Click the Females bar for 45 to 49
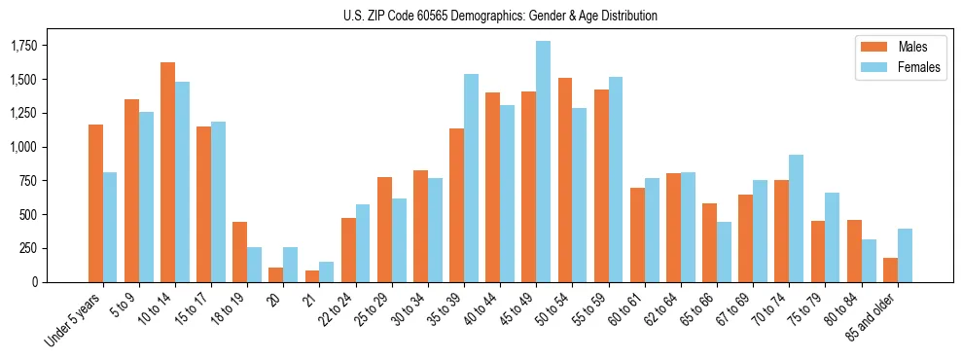coord(543,162)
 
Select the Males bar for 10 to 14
coord(167,172)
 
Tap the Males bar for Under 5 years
coord(95,203)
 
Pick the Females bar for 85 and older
coord(904,255)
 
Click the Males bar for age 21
coord(312,276)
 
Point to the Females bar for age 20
coord(291,265)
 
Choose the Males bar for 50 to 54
coord(564,180)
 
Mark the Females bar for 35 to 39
coord(471,178)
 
